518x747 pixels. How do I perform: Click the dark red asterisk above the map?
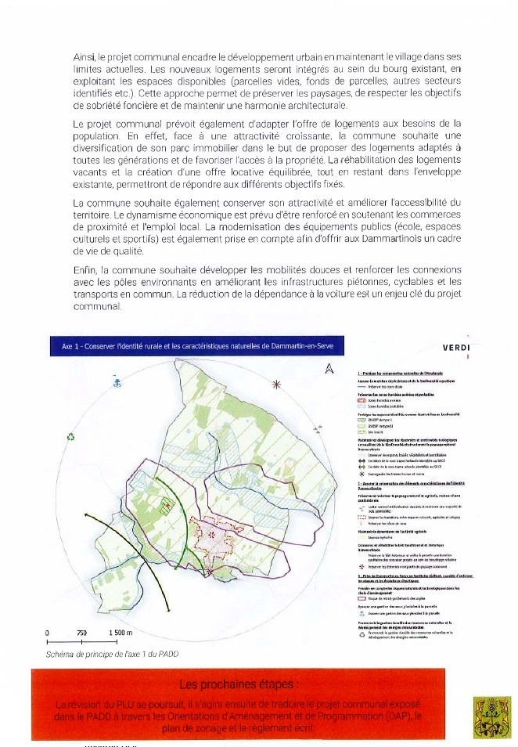click(x=275, y=384)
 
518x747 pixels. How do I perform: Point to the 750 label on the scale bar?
click(x=81, y=633)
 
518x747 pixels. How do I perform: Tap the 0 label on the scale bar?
click(x=48, y=633)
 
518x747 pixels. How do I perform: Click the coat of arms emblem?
click(x=491, y=718)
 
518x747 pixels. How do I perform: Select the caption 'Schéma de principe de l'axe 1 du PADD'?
click(x=112, y=654)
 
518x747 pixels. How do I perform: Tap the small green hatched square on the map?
click(x=165, y=507)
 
